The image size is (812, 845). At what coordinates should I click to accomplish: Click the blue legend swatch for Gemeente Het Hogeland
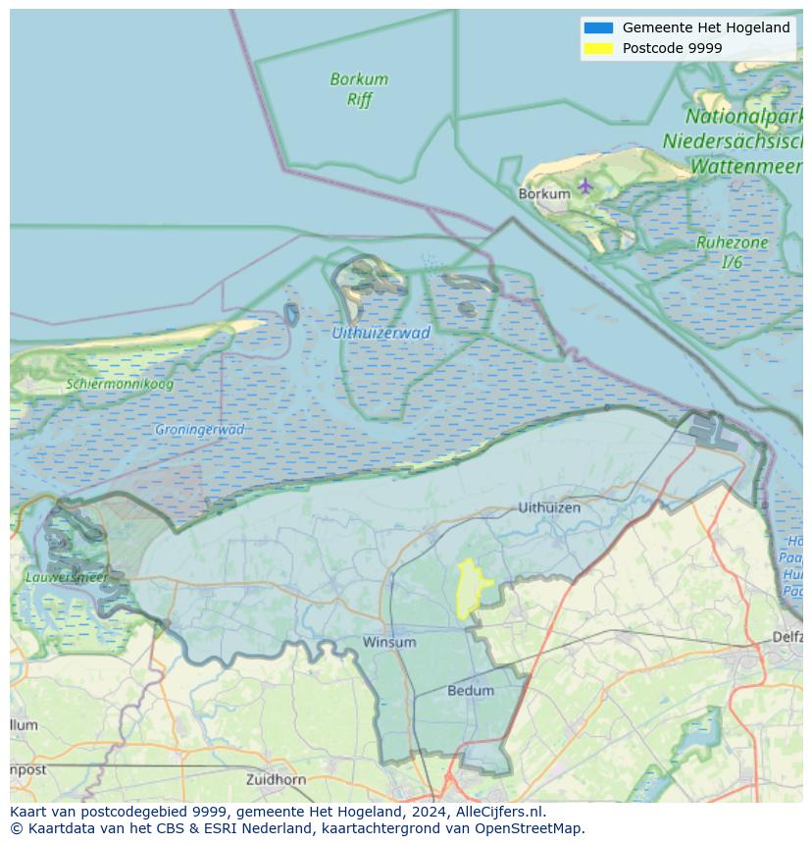tap(597, 27)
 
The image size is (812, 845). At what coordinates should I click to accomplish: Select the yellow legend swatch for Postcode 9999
tap(597, 48)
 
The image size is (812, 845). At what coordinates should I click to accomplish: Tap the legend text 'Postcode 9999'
tap(672, 48)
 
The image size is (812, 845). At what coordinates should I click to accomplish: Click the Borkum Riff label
tap(359, 89)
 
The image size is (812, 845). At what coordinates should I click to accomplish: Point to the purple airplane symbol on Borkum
tap(585, 185)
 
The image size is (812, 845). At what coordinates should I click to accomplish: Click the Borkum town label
tap(543, 194)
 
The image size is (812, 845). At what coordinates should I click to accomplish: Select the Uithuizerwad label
tap(381, 333)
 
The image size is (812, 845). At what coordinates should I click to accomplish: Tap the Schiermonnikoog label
tap(120, 384)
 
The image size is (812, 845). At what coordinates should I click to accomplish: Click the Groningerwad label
tap(199, 429)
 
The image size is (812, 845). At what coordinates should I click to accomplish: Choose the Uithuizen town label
tap(549, 507)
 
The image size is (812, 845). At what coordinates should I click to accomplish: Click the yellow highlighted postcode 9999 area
tap(473, 590)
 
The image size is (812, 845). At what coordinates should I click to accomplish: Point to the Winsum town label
tap(389, 642)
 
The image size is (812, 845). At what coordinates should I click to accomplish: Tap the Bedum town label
tap(471, 690)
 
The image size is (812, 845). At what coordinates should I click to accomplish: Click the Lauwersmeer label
tap(67, 577)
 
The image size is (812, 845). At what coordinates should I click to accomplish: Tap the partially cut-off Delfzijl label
tap(787, 637)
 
